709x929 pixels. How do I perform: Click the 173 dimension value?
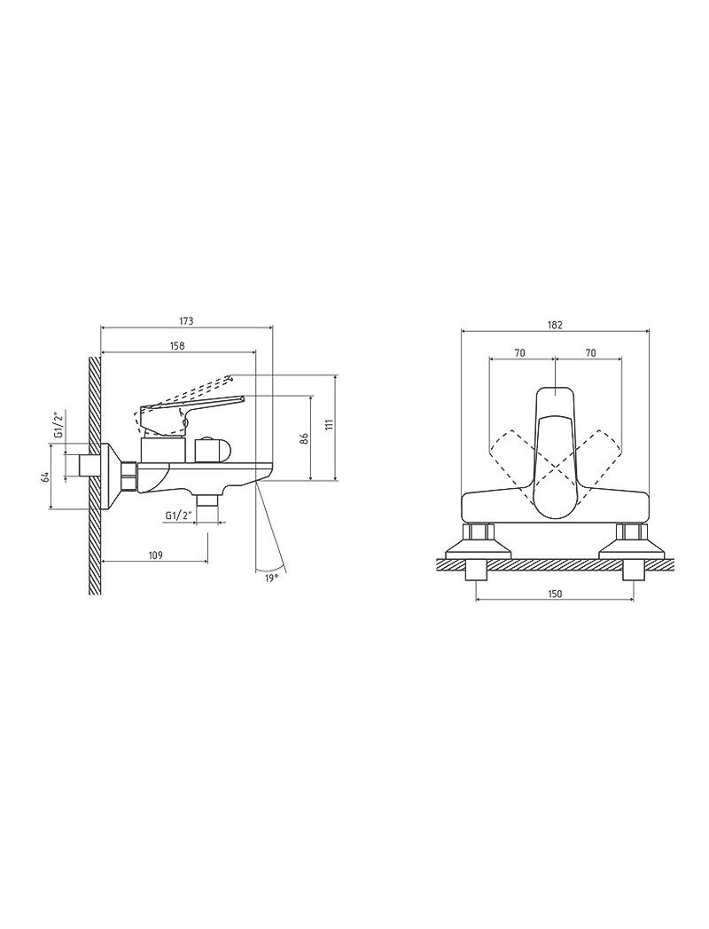click(186, 322)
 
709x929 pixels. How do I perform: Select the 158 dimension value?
click(177, 346)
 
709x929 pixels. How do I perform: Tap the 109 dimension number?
click(155, 555)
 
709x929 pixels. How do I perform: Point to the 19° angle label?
click(271, 578)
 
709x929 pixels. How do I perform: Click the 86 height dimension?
click(304, 439)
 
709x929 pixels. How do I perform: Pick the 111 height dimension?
click(329, 424)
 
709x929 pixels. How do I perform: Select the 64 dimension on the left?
click(43, 477)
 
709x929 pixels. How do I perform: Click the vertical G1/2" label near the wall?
click(58, 423)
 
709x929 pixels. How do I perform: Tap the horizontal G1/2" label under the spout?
click(179, 516)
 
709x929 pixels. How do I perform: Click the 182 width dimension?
click(555, 325)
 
